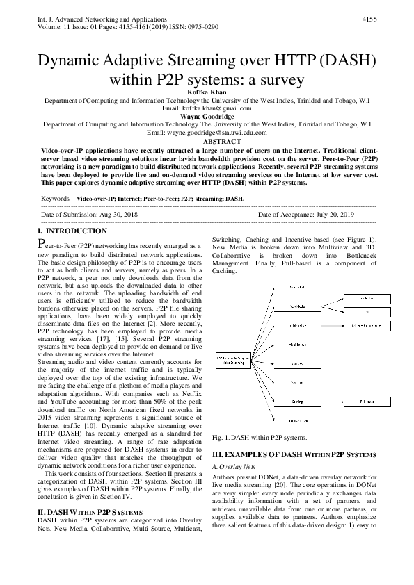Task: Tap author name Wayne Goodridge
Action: tap(207, 116)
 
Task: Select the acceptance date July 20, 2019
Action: tap(330, 215)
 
